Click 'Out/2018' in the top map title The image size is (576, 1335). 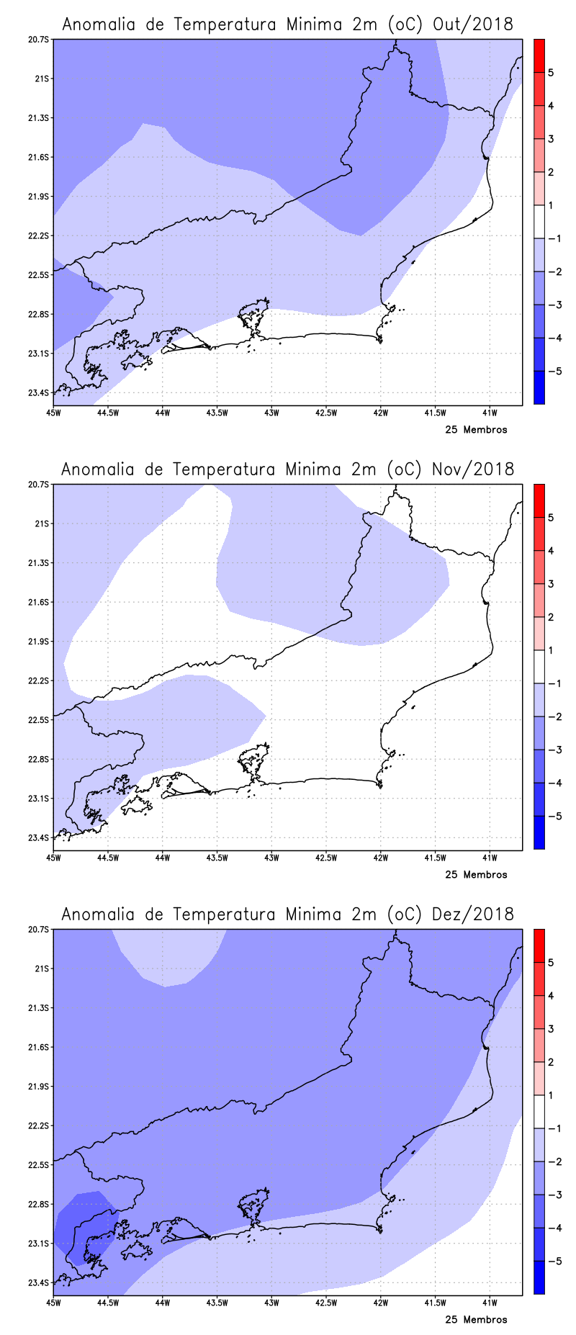[473, 24]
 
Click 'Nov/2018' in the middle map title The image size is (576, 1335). [473, 469]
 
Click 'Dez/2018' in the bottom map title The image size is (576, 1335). [473, 914]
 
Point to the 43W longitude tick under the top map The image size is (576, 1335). [271, 413]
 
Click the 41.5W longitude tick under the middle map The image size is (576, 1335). [435, 858]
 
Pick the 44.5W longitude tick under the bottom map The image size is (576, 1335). [108, 1303]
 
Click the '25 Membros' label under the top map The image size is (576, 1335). [476, 430]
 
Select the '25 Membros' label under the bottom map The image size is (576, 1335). [476, 1320]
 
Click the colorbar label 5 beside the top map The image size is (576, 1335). [551, 73]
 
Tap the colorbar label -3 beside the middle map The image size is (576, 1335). [554, 750]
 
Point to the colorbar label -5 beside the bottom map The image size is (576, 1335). [554, 1262]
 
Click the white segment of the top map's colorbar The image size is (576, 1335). [539, 222]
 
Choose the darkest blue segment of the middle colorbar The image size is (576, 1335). [539, 832]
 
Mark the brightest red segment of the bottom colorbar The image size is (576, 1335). [539, 945]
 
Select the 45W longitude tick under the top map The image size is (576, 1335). [53, 413]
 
